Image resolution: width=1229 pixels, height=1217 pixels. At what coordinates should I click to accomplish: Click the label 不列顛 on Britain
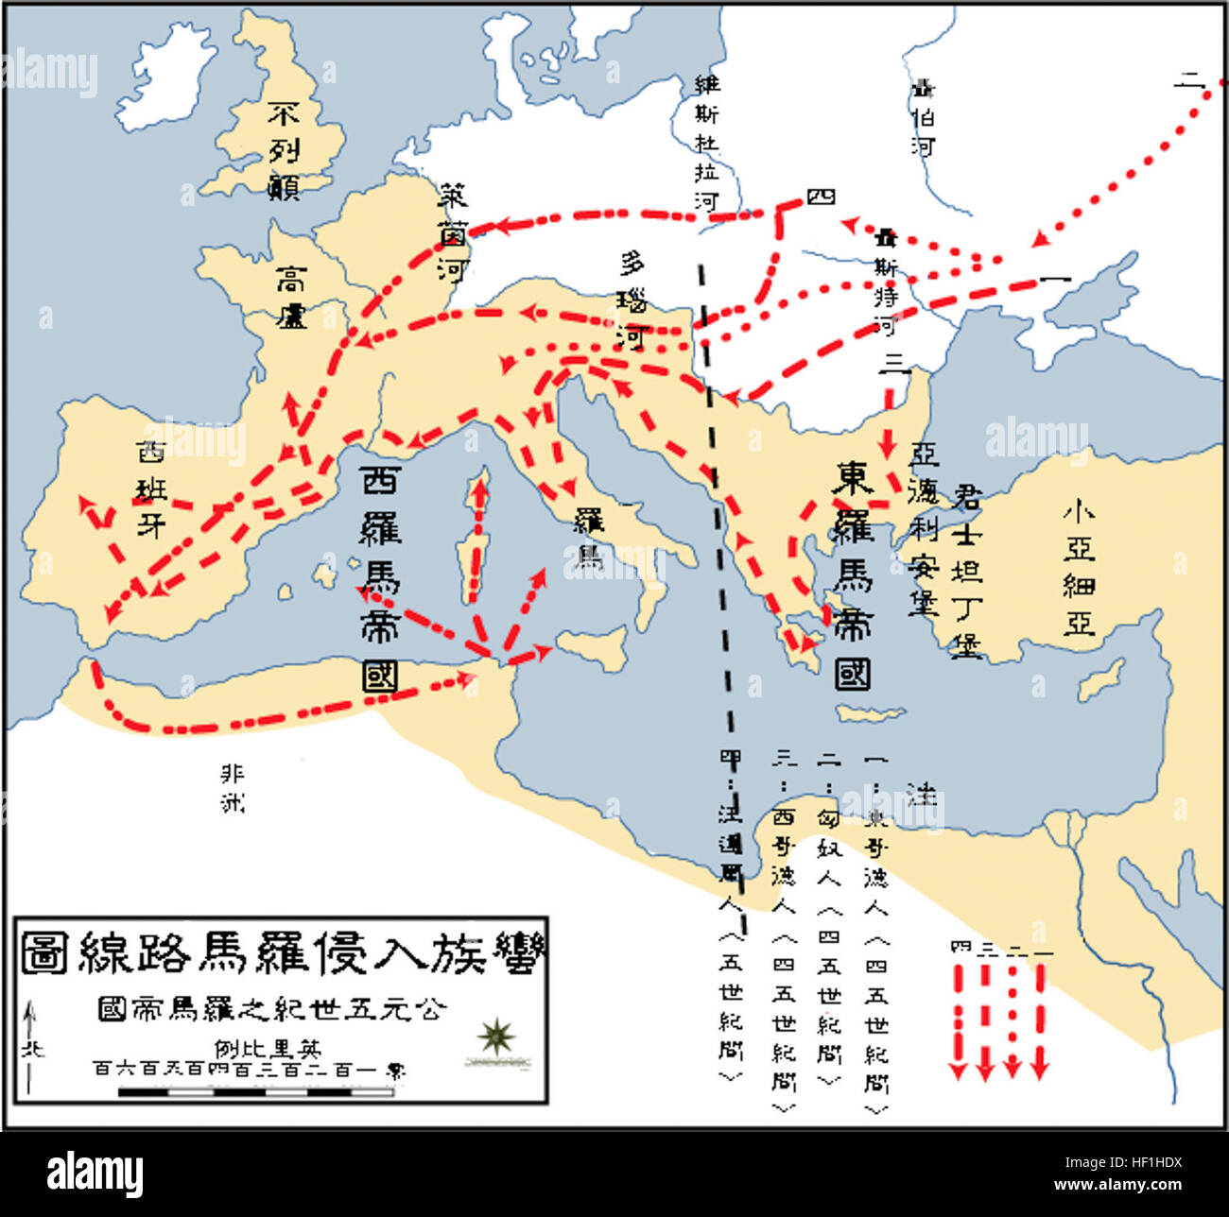284,151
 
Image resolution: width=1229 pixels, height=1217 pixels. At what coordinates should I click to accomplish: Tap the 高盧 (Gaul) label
291,297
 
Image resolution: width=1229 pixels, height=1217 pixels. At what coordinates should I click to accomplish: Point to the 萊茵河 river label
453,232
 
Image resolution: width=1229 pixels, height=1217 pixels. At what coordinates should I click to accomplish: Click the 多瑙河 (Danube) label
631,299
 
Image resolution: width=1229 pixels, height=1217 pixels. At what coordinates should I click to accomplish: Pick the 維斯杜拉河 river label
706,142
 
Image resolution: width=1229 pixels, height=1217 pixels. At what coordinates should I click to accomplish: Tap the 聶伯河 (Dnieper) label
923,118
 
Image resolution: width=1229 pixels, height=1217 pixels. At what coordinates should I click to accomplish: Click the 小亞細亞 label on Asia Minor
1079,567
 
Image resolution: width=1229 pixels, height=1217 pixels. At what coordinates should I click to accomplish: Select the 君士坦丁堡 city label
966,572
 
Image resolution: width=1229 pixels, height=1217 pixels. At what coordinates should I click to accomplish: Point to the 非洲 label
233,788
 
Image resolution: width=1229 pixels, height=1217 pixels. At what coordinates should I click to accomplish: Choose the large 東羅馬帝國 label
852,575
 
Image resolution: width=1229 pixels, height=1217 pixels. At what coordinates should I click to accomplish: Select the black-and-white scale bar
255,1092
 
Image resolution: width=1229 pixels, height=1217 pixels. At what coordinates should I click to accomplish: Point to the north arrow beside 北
30,1049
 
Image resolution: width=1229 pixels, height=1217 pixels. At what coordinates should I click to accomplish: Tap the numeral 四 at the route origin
821,197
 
